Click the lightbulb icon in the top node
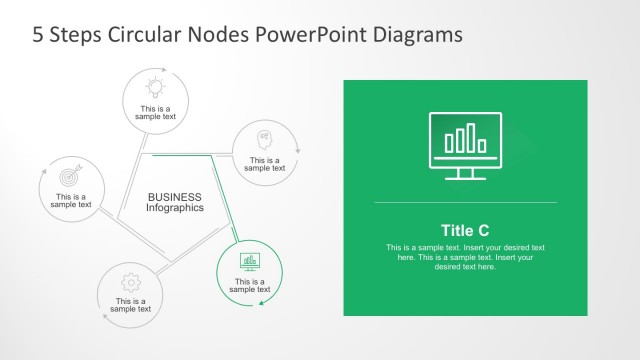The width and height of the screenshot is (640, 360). coord(155,86)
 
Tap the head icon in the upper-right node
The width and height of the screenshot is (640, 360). coord(264,138)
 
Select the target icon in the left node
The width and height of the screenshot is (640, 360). coord(71,176)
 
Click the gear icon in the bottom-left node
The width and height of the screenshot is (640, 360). coord(130,281)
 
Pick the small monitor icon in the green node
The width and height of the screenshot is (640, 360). coord(250,261)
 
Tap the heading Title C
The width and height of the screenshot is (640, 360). coord(465,229)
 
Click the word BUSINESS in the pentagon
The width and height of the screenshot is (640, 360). coord(175,197)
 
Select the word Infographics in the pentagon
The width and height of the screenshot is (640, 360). coord(175,208)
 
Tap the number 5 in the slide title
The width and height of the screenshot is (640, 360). coord(39,35)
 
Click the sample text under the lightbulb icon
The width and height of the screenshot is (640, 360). coord(156,112)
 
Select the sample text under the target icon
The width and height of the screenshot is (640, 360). coord(71,201)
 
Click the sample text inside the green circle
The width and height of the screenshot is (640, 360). coord(250,285)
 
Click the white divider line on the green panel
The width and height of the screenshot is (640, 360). coord(465,203)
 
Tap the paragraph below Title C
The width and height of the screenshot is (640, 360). coord(465,257)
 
